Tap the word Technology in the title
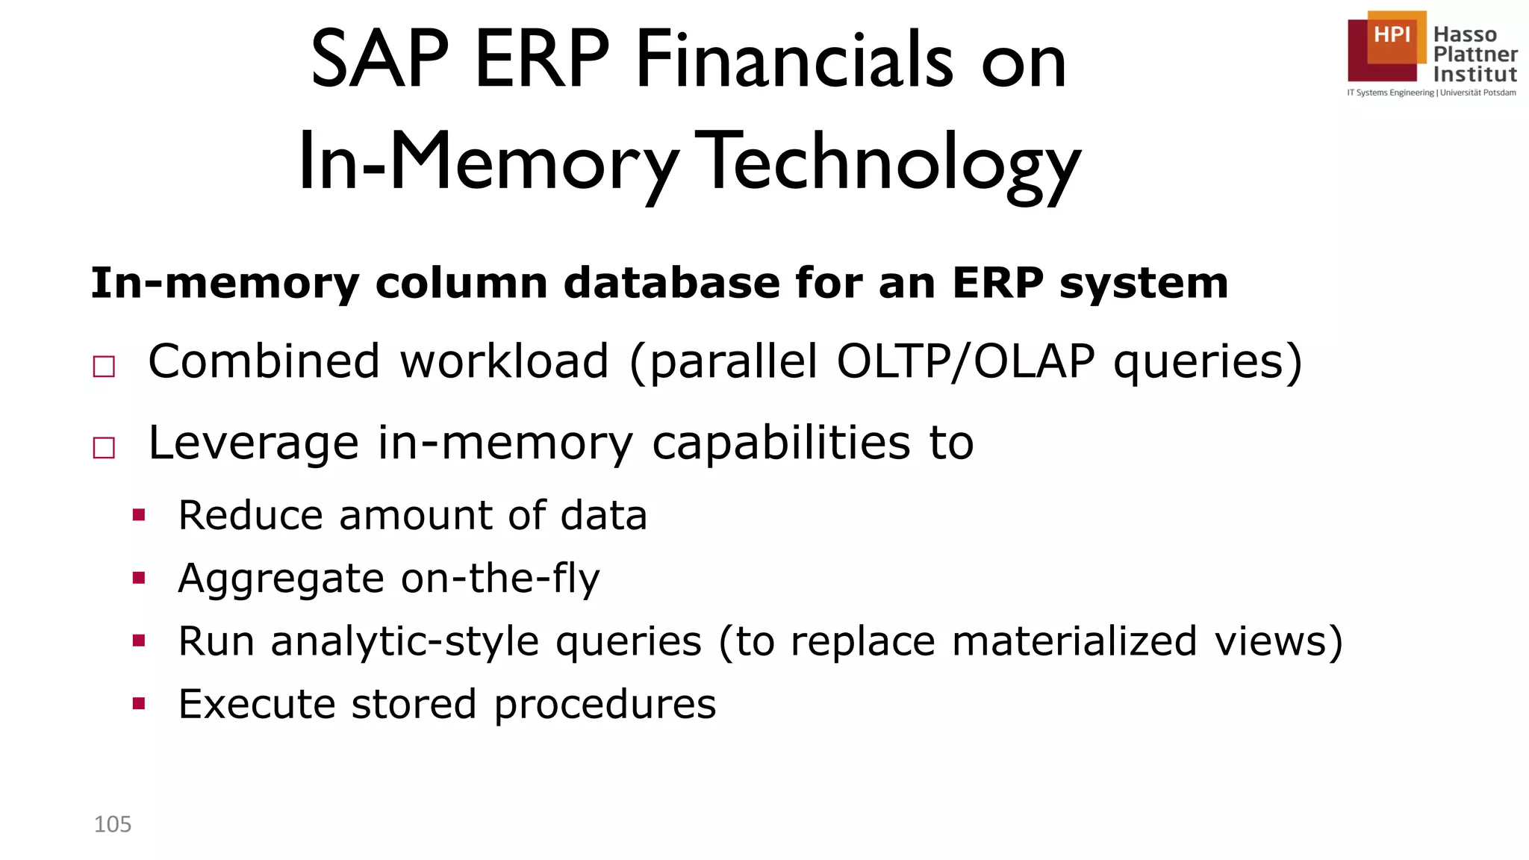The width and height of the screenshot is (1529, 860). pyautogui.click(x=891, y=163)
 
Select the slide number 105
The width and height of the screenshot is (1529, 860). pyautogui.click(x=113, y=824)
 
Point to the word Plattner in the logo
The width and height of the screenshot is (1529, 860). pyautogui.click(x=1475, y=54)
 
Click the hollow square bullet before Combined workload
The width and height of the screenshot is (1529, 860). pyautogui.click(x=104, y=367)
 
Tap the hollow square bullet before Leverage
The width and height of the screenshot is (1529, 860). pyautogui.click(x=104, y=448)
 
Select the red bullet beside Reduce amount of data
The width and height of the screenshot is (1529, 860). pyautogui.click(x=139, y=514)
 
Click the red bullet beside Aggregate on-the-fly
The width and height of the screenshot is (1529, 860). pyautogui.click(x=139, y=577)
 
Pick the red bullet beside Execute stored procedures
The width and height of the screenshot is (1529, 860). pyautogui.click(x=139, y=703)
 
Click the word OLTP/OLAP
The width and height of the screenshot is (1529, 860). pyautogui.click(x=966, y=362)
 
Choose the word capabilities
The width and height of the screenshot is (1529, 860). pyautogui.click(x=781, y=443)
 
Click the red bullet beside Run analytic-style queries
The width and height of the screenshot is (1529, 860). pyautogui.click(x=139, y=641)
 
